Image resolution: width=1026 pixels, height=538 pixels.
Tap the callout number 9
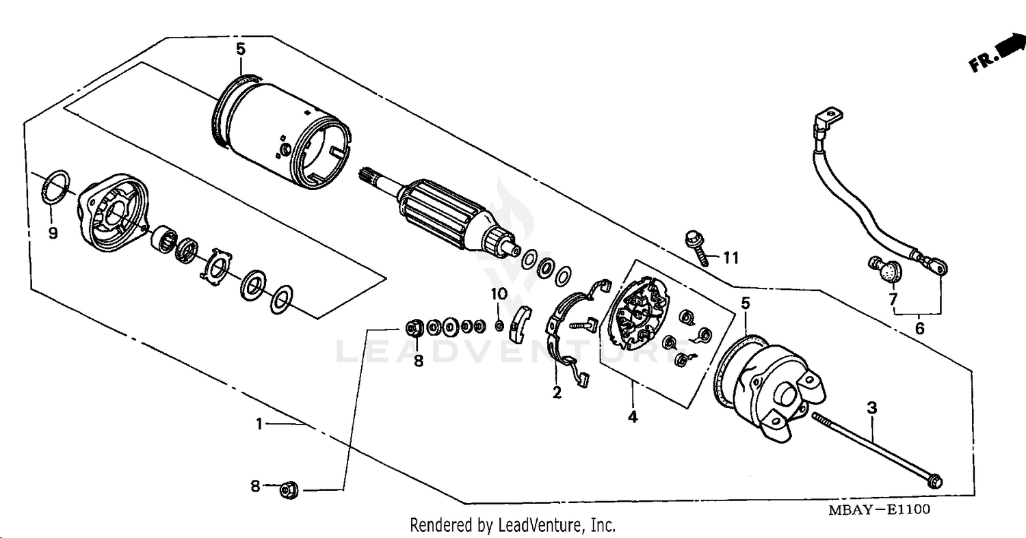tap(53, 233)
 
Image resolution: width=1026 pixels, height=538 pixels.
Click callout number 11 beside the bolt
tap(731, 258)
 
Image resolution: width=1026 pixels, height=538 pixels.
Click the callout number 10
tap(499, 294)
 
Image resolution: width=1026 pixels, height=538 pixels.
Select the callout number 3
tap(871, 408)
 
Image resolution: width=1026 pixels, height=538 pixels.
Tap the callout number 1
tap(259, 425)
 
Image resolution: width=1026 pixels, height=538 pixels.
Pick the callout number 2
tap(557, 392)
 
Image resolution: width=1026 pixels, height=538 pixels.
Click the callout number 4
tap(633, 416)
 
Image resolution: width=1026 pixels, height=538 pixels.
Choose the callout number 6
tap(919, 329)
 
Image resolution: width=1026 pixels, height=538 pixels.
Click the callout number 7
tap(893, 299)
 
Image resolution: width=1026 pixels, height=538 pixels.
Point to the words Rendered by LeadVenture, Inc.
tap(512, 525)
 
